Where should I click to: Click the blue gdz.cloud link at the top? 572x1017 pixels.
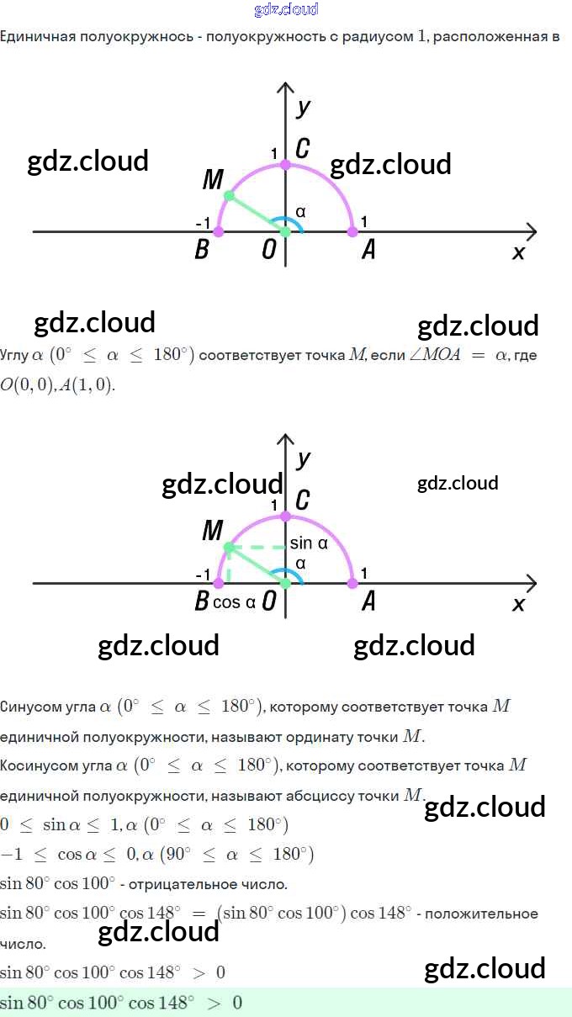coord(286,10)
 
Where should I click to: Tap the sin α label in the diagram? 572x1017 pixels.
coord(308,543)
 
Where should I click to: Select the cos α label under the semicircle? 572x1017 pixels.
coord(234,602)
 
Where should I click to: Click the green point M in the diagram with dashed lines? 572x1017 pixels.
coord(229,548)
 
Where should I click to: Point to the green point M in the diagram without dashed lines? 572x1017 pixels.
coord(229,195)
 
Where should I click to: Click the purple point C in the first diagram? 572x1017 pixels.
coord(286,164)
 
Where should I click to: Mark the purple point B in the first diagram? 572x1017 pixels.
coord(219,230)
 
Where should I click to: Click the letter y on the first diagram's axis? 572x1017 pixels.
coord(304,107)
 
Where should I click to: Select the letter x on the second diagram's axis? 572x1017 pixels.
coord(518,604)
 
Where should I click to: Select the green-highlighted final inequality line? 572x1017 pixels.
coord(121,1003)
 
